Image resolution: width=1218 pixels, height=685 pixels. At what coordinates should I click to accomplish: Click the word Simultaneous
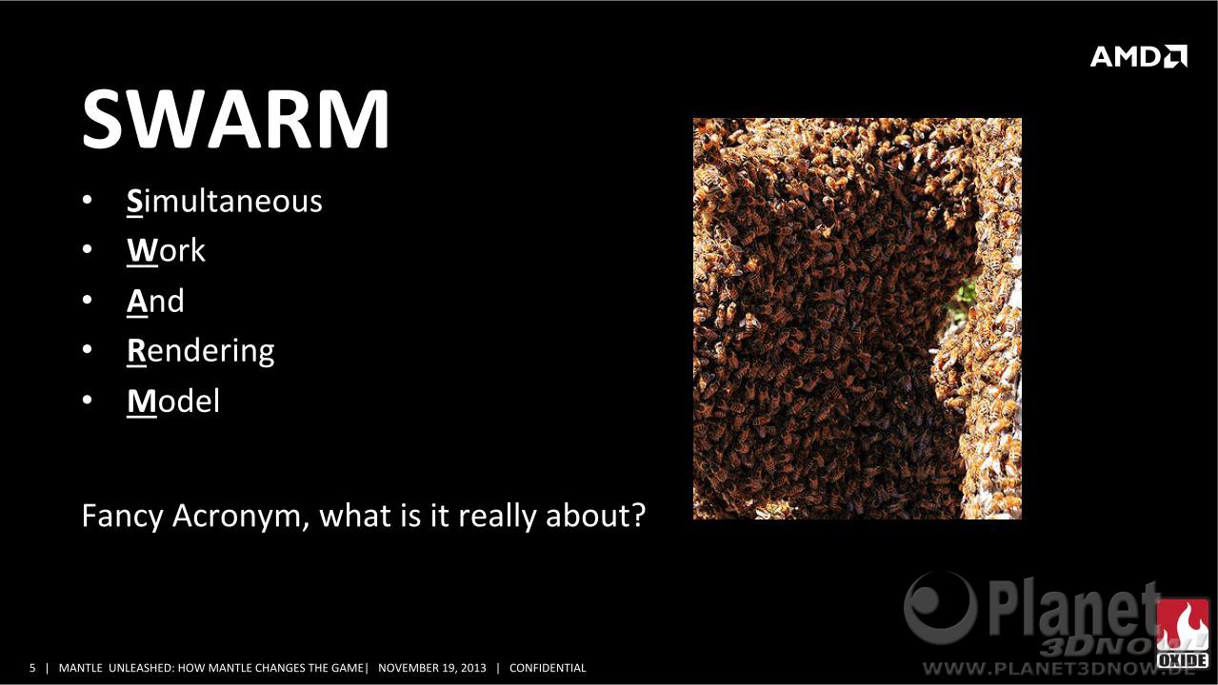[x=225, y=201]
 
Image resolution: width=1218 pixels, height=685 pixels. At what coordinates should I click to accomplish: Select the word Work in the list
[x=166, y=251]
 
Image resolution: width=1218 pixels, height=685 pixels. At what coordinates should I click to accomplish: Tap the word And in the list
[x=155, y=301]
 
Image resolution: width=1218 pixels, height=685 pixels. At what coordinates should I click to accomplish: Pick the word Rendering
[x=201, y=351]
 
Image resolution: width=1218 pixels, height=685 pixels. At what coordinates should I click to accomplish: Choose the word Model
[x=173, y=401]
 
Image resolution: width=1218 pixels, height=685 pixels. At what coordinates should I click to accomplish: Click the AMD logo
[x=1139, y=56]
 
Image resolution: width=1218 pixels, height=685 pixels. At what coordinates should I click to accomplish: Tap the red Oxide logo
[x=1182, y=634]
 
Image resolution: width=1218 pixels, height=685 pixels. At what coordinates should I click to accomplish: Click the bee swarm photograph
[x=857, y=319]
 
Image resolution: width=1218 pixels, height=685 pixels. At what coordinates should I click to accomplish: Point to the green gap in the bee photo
[x=966, y=295]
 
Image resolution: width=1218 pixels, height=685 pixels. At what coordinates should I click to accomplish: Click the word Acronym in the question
[x=236, y=516]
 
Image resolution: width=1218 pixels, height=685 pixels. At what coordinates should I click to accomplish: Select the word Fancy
[x=122, y=516]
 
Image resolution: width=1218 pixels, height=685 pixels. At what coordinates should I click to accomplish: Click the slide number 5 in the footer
[x=32, y=668]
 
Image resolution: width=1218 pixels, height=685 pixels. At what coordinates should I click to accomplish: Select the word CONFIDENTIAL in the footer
[x=548, y=668]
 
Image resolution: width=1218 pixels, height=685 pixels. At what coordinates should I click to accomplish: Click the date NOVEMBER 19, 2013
[x=432, y=668]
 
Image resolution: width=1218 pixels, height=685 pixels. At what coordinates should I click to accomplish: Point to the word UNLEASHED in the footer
[x=141, y=668]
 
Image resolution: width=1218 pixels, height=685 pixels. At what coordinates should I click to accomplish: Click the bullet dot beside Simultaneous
[x=87, y=200]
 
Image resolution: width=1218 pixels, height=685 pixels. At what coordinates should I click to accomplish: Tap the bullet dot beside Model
[x=87, y=400]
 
